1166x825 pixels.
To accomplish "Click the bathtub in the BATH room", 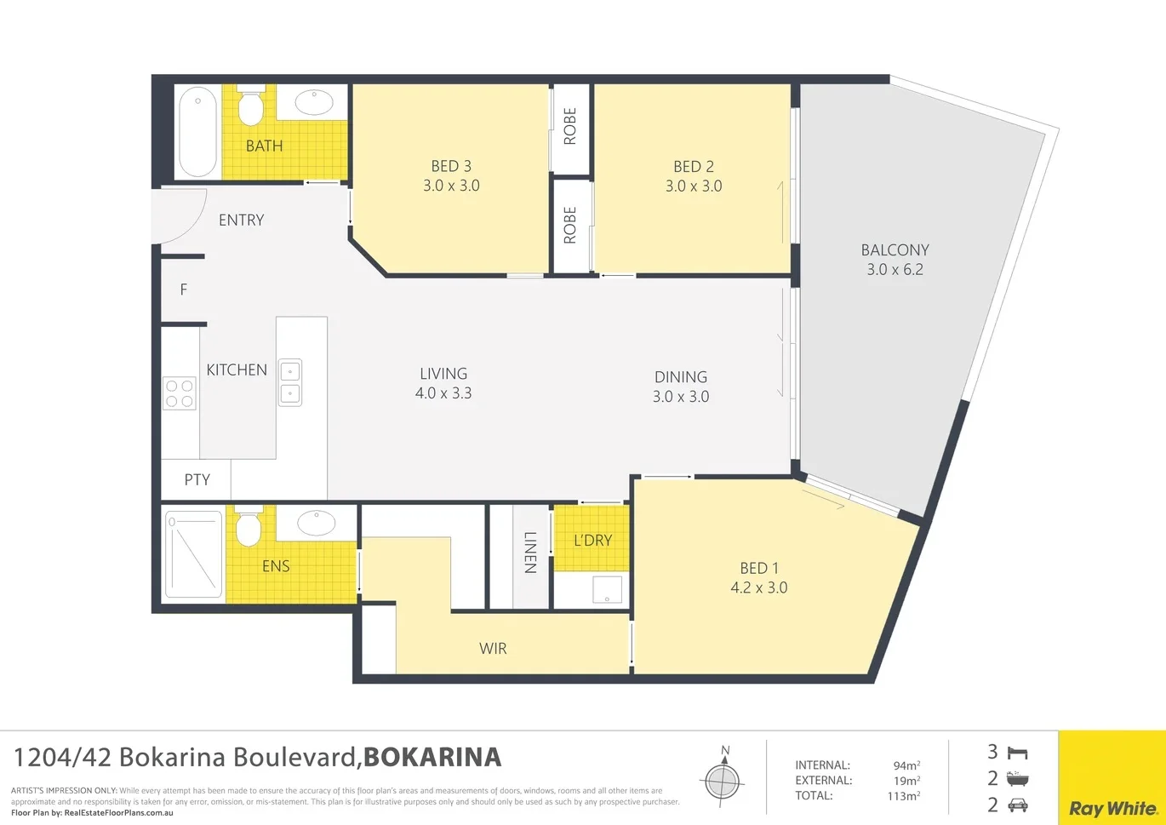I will (x=197, y=132).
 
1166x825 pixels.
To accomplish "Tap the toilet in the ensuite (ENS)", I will (x=248, y=529).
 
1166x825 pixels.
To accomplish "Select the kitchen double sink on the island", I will (x=290, y=382).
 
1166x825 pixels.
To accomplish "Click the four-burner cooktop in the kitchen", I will (x=180, y=393).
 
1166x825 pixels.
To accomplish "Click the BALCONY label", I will (x=895, y=250).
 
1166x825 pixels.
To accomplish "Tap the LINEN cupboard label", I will (x=530, y=553).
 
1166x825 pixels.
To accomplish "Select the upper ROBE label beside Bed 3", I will (x=570, y=126).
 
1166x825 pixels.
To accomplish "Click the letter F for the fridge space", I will (x=183, y=290).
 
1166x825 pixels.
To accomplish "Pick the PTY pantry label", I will (x=197, y=480).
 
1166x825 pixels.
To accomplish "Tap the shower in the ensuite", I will (x=193, y=553).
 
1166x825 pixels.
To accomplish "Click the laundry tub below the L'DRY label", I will (x=607, y=589).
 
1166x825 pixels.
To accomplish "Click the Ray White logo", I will (x=1112, y=808).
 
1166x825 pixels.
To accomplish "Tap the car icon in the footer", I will (x=1017, y=805).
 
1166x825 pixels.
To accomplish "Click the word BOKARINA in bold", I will (x=432, y=757).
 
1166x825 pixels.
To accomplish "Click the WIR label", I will (x=493, y=649).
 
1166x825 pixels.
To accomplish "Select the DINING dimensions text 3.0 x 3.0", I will (x=681, y=397).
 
